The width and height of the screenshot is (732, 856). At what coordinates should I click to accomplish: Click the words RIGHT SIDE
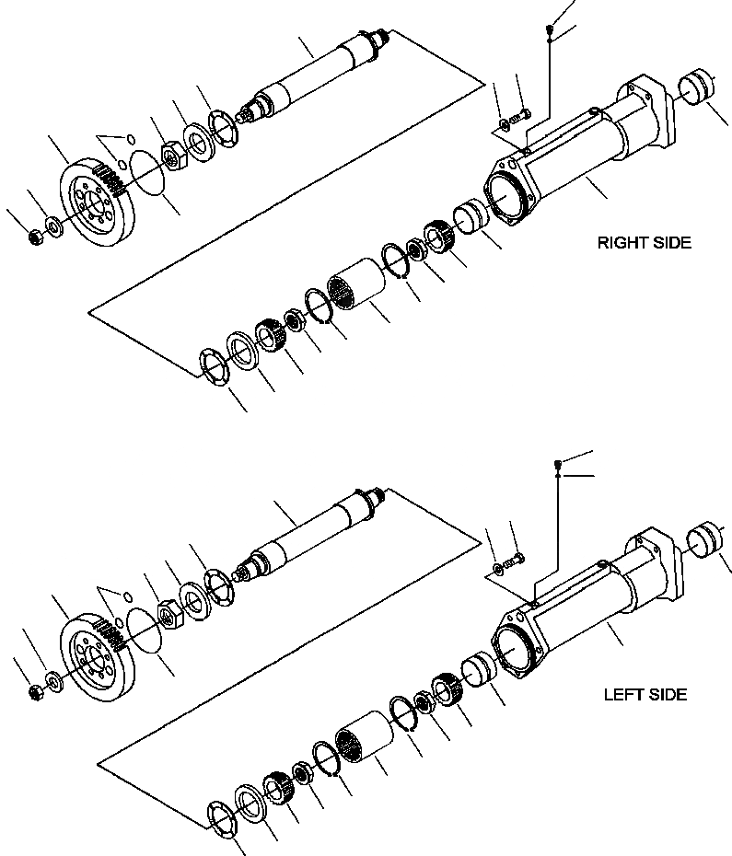644,244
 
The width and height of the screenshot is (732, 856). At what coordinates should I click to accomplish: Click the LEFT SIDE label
645,694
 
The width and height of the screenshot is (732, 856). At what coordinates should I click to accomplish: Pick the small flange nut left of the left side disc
35,688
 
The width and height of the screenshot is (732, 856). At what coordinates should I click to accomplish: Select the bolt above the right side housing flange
524,115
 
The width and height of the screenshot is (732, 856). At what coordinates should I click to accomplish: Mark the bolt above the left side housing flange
517,559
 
